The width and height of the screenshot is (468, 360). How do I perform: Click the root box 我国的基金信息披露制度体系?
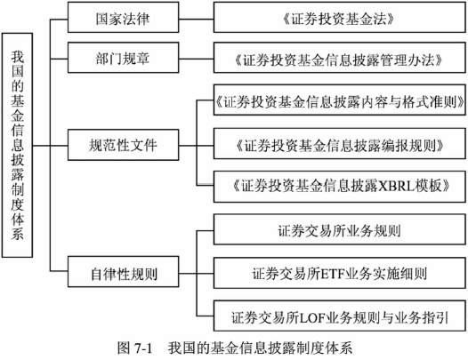point(17,145)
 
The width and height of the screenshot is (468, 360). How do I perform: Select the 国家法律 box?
point(124,17)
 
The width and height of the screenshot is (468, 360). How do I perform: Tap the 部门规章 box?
point(124,58)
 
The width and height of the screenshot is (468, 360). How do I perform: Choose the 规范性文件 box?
point(124,145)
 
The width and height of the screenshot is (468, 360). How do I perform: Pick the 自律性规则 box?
point(124,272)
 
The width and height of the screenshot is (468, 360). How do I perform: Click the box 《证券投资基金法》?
point(340,17)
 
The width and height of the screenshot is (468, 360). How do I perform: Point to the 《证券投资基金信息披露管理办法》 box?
point(340,58)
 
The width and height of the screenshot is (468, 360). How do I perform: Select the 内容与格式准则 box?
point(340,100)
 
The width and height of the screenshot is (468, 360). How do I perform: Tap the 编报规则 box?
point(340,143)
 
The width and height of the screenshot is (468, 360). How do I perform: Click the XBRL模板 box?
point(340,187)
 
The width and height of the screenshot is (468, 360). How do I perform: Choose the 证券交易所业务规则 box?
point(340,229)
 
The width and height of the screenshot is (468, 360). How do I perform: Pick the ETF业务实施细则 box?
point(340,273)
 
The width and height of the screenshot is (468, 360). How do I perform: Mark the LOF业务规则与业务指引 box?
point(340,316)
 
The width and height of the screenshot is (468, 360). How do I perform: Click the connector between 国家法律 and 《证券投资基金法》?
point(197,19)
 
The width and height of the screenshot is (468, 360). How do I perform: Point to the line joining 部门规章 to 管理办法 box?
point(197,59)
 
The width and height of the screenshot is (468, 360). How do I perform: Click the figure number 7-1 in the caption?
point(143,348)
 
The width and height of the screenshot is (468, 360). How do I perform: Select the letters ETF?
point(332,274)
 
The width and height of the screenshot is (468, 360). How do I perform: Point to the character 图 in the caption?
point(124,348)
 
